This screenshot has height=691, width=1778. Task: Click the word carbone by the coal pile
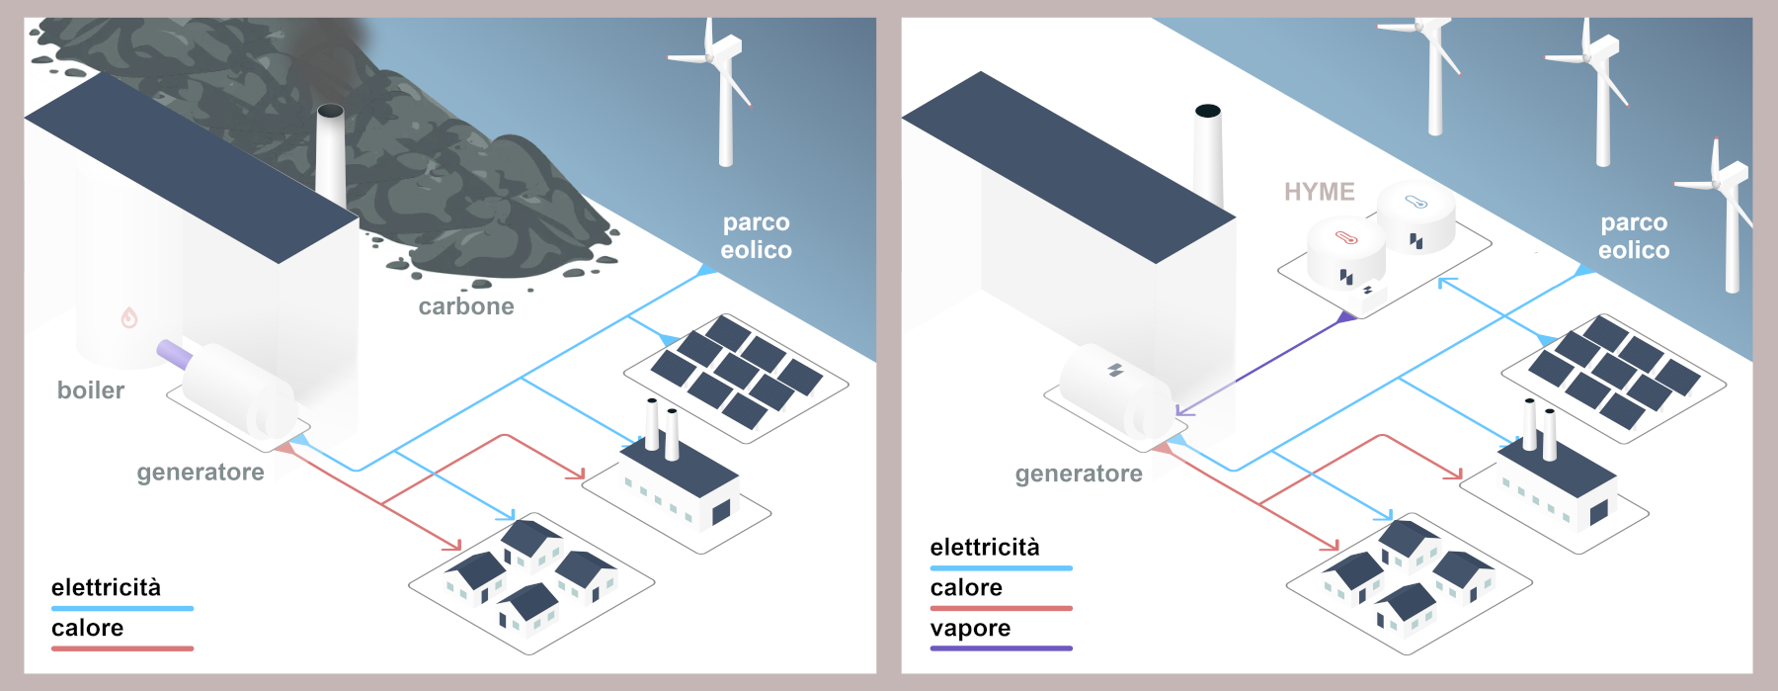pyautogui.click(x=466, y=306)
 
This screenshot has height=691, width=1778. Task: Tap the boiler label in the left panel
pyautogui.click(x=91, y=390)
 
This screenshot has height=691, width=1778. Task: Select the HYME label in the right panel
pyautogui.click(x=1319, y=192)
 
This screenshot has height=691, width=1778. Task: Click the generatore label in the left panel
pyautogui.click(x=201, y=473)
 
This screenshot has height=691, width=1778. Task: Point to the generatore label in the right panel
pyautogui.click(x=1079, y=475)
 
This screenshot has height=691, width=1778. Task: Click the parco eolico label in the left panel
pyautogui.click(x=756, y=236)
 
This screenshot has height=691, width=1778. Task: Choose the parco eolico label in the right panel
pyautogui.click(x=1634, y=236)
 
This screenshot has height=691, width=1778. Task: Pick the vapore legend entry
pyautogui.click(x=970, y=629)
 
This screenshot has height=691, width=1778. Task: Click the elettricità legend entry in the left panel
pyautogui.click(x=106, y=588)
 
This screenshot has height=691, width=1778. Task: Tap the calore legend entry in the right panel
pyautogui.click(x=966, y=588)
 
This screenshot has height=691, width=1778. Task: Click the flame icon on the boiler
pyautogui.click(x=129, y=317)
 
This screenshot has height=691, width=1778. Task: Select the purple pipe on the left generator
pyautogui.click(x=174, y=353)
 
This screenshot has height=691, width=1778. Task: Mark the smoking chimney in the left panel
pyautogui.click(x=330, y=153)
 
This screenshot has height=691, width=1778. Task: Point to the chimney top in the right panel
pyautogui.click(x=1207, y=111)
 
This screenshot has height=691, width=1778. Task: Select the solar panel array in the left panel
pyautogui.click(x=736, y=371)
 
